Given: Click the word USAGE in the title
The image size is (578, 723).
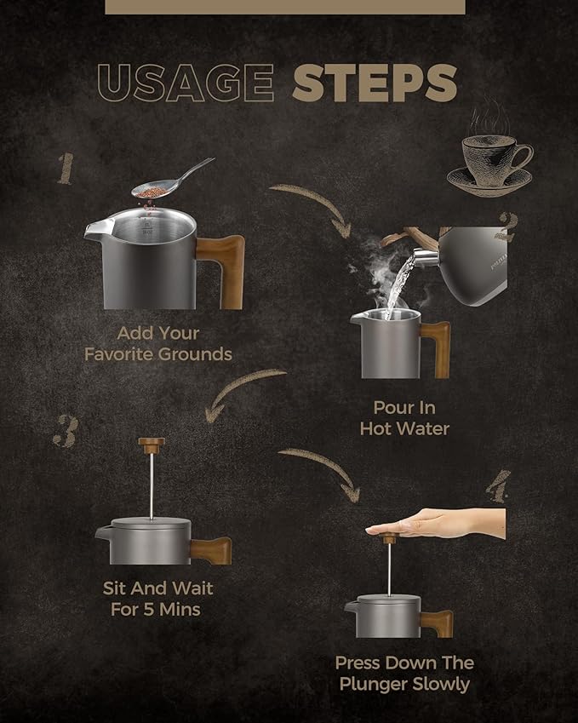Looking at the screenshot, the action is (x=186, y=83).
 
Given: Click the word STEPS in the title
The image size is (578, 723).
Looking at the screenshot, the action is (x=375, y=83).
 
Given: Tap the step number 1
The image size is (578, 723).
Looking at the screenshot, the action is (x=66, y=169).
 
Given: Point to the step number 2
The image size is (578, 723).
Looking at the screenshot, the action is (x=507, y=227).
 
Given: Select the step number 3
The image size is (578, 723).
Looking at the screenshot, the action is (x=66, y=431).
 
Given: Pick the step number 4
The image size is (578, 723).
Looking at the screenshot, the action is (x=498, y=486).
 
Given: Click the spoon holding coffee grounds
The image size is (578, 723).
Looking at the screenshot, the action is (x=173, y=181).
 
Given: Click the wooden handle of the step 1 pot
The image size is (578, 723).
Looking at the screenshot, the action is (x=222, y=270).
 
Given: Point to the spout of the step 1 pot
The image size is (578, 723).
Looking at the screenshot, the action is (x=98, y=229).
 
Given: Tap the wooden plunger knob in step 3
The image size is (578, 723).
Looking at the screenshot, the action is (x=152, y=445).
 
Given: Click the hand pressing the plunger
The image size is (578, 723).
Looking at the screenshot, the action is (x=436, y=524).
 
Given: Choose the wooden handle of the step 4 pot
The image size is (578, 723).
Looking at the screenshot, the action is (x=438, y=623).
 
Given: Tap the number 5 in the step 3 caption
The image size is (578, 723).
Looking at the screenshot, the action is (x=148, y=610).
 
